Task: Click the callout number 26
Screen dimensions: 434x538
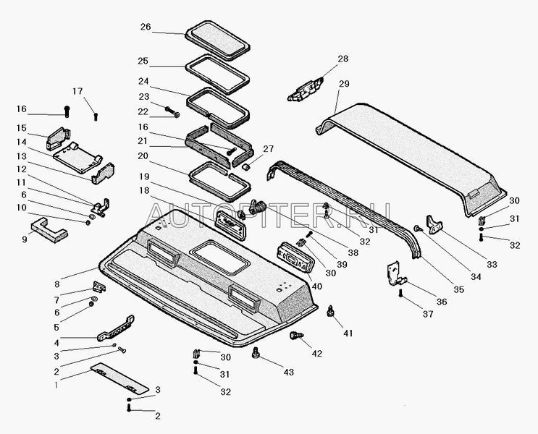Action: [146, 27]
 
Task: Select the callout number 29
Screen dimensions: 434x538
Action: [343, 85]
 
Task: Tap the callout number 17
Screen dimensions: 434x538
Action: [77, 91]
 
